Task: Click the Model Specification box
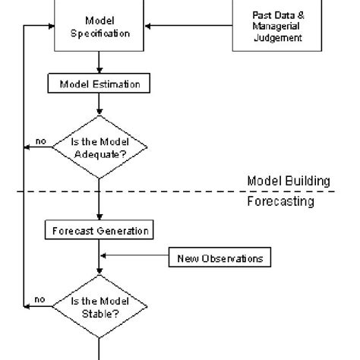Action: (x=99, y=27)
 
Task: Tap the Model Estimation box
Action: (x=99, y=84)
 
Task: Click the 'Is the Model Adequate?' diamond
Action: (x=99, y=147)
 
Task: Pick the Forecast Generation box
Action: (x=99, y=230)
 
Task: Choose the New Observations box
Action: (x=219, y=258)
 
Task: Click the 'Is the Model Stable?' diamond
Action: (x=99, y=307)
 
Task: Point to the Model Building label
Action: (x=289, y=181)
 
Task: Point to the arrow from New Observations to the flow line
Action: (x=134, y=258)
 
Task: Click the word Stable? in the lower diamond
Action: (x=99, y=312)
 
